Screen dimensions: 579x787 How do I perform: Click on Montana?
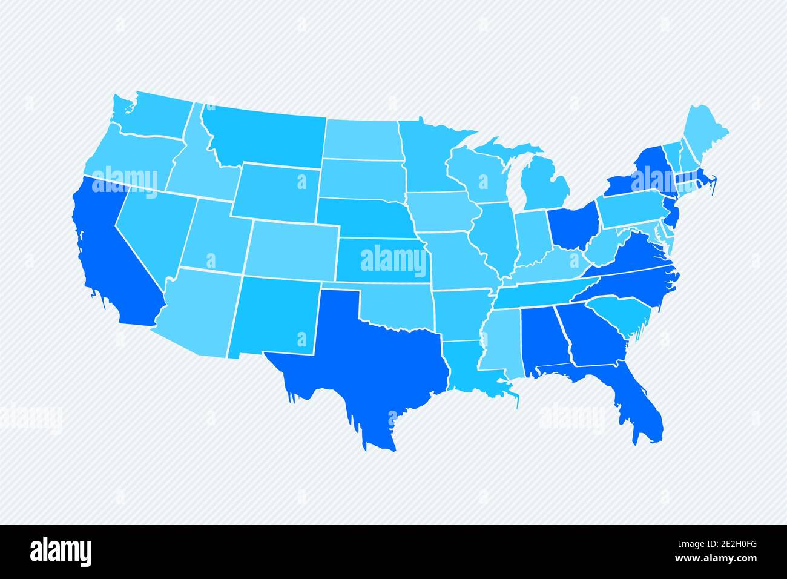pyautogui.click(x=260, y=136)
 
